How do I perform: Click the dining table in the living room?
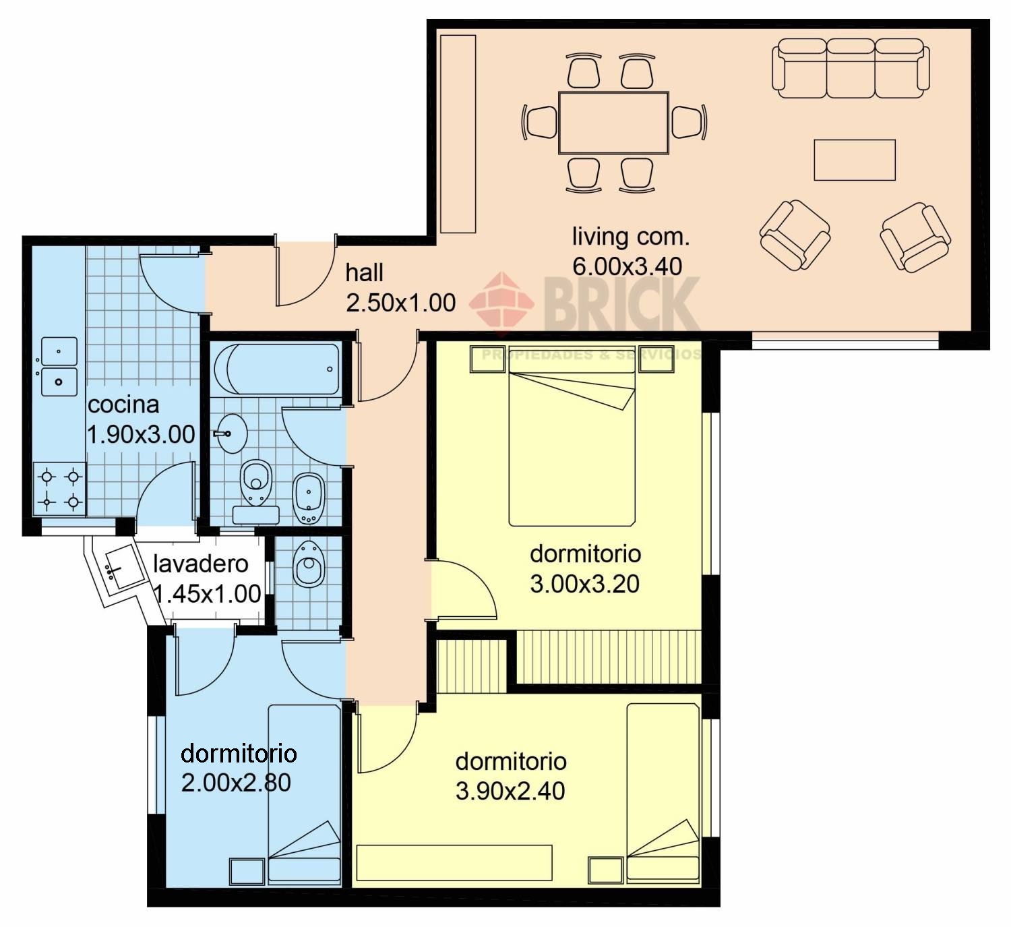613,123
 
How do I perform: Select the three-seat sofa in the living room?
851,69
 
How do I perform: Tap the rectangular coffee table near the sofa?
855,160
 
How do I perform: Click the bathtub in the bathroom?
277,369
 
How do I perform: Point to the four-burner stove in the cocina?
59,489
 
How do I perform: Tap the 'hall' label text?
364,273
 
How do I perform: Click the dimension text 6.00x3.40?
627,266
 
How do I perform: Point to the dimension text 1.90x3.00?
141,434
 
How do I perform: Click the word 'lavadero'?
201,564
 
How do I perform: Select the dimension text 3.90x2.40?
510,791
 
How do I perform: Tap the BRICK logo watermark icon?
501,304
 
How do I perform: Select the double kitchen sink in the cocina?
59,367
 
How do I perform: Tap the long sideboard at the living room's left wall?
458,133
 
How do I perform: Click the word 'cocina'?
123,405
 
